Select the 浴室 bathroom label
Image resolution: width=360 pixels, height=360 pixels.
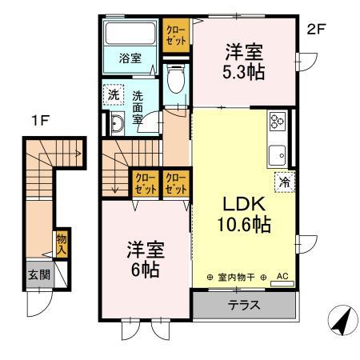130,58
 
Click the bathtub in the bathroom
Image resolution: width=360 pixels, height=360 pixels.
131,35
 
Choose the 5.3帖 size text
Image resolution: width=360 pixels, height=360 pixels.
243,70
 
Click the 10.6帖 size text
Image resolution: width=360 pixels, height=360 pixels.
245,226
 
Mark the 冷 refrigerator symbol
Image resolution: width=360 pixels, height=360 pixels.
283,181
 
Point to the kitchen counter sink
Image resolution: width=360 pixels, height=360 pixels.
280,152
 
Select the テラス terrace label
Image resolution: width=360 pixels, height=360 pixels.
244,305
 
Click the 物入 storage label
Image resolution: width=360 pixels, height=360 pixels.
61,242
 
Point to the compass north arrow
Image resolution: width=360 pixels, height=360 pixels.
342,322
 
